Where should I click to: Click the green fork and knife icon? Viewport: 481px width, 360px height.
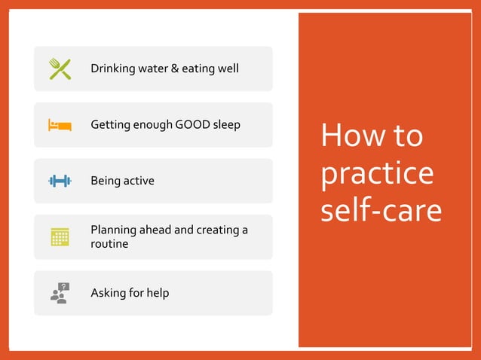[60, 69]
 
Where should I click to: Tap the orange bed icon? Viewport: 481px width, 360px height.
[60, 124]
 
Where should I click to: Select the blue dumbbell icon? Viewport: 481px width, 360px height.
[60, 181]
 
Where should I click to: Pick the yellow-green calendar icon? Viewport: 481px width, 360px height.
[60, 236]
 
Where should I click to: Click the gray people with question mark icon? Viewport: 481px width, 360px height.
[60, 292]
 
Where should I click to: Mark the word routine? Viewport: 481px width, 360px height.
[109, 244]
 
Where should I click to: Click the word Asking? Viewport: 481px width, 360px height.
[109, 293]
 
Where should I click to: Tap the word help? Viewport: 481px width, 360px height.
[156, 292]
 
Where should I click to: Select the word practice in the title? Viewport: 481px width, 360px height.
[377, 173]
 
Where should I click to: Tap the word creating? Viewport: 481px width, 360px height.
[218, 230]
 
